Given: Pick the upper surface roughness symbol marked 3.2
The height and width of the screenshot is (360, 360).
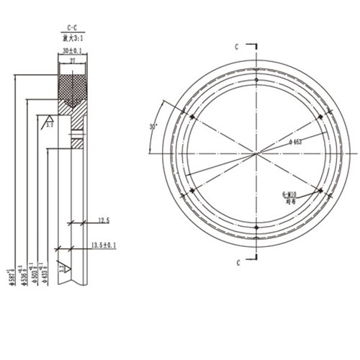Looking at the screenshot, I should (49, 122).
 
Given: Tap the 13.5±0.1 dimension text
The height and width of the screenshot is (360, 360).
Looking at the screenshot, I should (105, 246).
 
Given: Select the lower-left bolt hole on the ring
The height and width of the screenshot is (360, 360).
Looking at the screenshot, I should (192, 190).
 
